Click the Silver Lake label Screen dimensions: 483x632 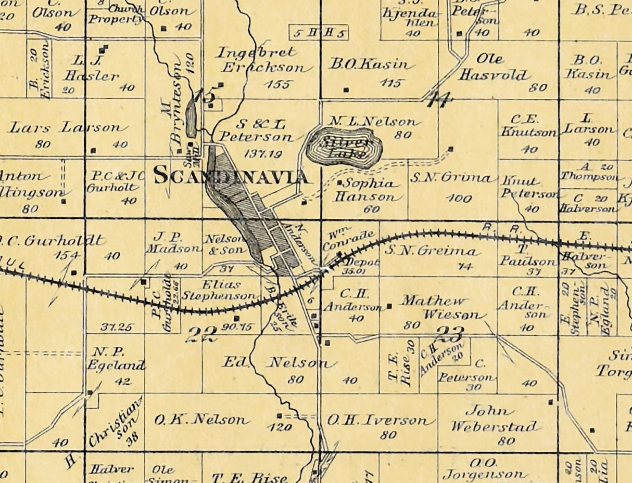click(344, 148)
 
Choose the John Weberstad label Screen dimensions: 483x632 click(494, 419)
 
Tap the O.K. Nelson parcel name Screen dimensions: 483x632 click(199, 419)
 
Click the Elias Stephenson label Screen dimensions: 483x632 click(230, 290)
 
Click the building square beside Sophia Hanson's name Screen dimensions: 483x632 click(339, 183)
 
